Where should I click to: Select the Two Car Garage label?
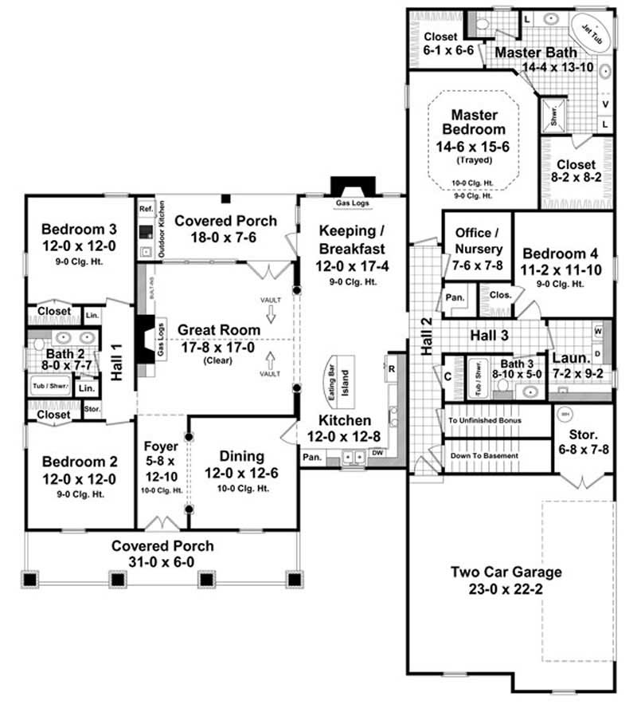pos(506,572)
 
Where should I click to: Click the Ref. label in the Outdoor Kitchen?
pos(145,209)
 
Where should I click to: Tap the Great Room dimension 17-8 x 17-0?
pos(217,346)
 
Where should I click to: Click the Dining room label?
pos(242,456)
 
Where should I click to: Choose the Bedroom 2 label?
pos(79,462)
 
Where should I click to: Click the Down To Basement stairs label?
pos(484,456)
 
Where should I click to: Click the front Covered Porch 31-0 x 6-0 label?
pos(162,546)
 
